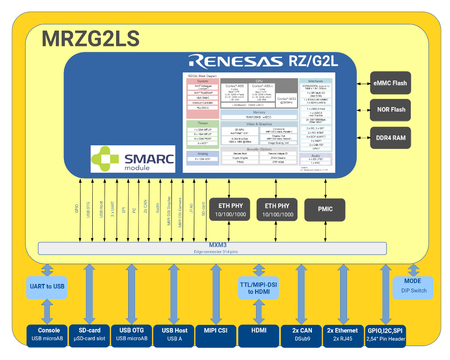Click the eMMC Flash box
pyautogui.click(x=390, y=83)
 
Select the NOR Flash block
pyautogui.click(x=390, y=110)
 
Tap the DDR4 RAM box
pyautogui.click(x=390, y=138)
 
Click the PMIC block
pyautogui.click(x=325, y=209)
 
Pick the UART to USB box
pyautogui.click(x=46, y=287)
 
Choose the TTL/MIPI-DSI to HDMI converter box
pyautogui.click(x=258, y=288)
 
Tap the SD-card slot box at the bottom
pyautogui.click(x=89, y=334)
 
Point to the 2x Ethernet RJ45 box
pyautogui.click(x=342, y=334)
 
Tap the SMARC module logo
pyautogui.click(x=133, y=159)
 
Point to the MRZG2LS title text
pyautogui.click(x=90, y=39)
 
